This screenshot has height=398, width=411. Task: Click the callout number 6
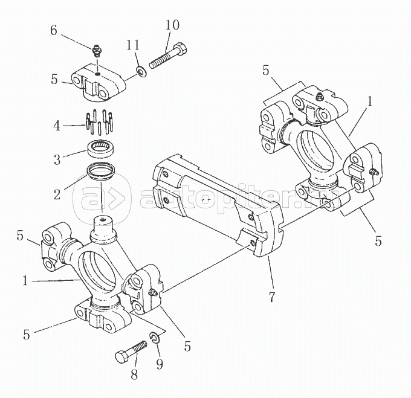point(54,31)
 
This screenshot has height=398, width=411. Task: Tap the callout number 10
point(172,25)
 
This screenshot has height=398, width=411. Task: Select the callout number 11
point(133,45)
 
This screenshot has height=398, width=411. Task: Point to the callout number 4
point(57,126)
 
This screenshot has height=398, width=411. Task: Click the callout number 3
point(57,159)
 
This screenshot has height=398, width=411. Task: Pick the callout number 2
point(57,194)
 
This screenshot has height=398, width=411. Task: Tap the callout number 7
point(272,297)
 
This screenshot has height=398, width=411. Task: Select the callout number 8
point(134,374)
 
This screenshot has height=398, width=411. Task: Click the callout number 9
point(160,364)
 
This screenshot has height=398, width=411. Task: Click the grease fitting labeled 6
point(97,51)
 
